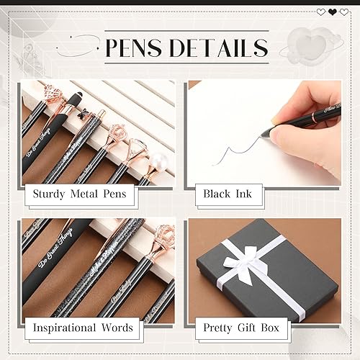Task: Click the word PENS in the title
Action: coord(135,48)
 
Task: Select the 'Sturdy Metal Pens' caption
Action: coord(80,194)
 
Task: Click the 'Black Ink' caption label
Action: coord(227,194)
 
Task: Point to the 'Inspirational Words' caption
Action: coord(83,328)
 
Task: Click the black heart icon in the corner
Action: coord(333,12)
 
